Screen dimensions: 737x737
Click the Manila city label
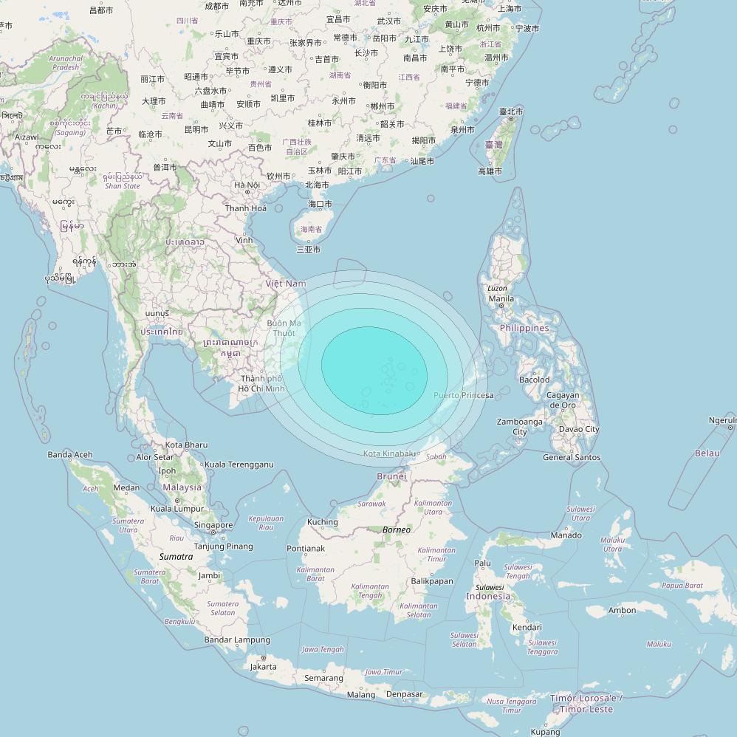(501, 298)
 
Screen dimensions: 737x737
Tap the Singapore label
(213, 525)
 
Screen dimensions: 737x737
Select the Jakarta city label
(264, 666)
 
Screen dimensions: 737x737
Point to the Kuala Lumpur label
(177, 508)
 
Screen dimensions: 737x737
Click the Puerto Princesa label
(463, 395)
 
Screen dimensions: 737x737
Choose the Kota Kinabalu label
(391, 453)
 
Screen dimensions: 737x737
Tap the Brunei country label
(391, 476)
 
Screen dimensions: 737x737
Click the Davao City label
(579, 429)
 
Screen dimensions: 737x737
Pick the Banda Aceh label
(70, 454)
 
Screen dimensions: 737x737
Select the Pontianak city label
(306, 548)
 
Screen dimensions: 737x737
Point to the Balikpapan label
(432, 581)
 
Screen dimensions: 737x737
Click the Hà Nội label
(247, 185)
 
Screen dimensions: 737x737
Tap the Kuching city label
(323, 522)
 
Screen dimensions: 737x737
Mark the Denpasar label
(404, 694)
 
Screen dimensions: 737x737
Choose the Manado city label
(566, 535)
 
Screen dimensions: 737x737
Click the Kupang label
(545, 732)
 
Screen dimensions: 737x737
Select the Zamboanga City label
(520, 427)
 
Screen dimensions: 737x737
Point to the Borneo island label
(397, 530)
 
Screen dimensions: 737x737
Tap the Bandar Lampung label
(237, 640)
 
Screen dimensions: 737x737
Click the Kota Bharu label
(186, 445)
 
